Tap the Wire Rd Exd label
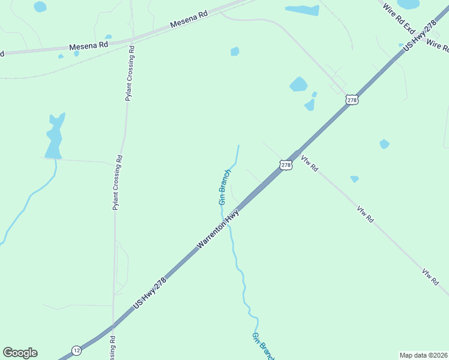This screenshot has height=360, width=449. (400, 19)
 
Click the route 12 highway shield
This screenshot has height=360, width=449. (76, 350)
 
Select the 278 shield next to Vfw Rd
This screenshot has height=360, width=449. (286, 164)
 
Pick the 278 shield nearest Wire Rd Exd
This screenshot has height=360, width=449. (352, 100)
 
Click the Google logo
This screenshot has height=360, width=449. (20, 353)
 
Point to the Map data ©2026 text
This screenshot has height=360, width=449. (423, 355)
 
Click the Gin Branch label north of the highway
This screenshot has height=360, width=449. (224, 187)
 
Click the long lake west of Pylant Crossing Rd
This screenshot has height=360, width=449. (54, 138)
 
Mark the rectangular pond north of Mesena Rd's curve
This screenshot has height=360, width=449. (302, 10)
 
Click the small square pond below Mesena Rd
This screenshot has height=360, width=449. (235, 52)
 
